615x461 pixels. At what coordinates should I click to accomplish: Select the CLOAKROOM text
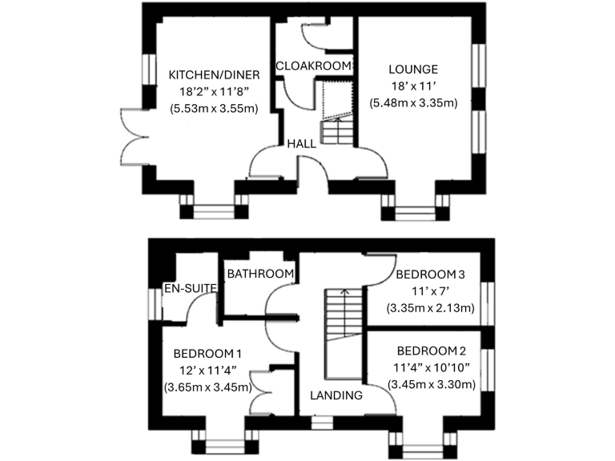click(x=313, y=66)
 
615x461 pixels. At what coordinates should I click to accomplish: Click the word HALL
click(x=301, y=144)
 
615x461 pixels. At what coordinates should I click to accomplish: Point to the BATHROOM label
click(x=260, y=274)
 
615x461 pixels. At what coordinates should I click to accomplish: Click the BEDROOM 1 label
click(x=207, y=353)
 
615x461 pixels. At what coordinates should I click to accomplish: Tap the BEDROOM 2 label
click(x=431, y=351)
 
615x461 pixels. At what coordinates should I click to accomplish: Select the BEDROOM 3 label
click(x=431, y=275)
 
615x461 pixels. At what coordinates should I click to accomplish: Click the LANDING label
click(x=336, y=395)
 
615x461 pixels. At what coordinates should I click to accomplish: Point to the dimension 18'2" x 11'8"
click(x=214, y=91)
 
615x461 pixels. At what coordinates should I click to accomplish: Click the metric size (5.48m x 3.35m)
click(x=413, y=102)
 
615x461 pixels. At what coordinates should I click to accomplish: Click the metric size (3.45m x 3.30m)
click(x=431, y=384)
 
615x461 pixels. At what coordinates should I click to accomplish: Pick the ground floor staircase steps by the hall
click(x=337, y=130)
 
